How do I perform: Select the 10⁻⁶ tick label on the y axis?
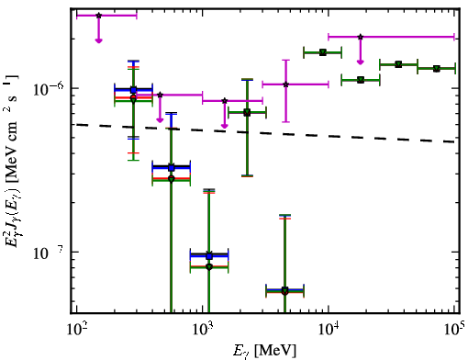pos(49,89)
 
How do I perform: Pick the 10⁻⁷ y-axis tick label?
pos(49,253)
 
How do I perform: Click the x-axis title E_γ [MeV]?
pos(264,350)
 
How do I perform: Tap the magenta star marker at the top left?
pos(98,16)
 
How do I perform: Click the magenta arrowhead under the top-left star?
pos(98,40)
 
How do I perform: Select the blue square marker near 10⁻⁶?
pos(133,90)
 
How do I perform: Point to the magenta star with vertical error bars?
pos(285,84)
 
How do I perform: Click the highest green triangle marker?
pos(323,52)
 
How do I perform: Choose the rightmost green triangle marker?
pos(437,69)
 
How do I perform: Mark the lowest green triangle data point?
pos(284,290)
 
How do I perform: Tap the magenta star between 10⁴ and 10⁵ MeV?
pos(361,37)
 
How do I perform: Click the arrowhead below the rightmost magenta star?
pos(361,62)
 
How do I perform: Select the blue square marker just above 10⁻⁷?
pos(209,256)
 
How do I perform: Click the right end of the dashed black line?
pos(454,142)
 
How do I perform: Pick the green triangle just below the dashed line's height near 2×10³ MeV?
pos(247,112)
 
